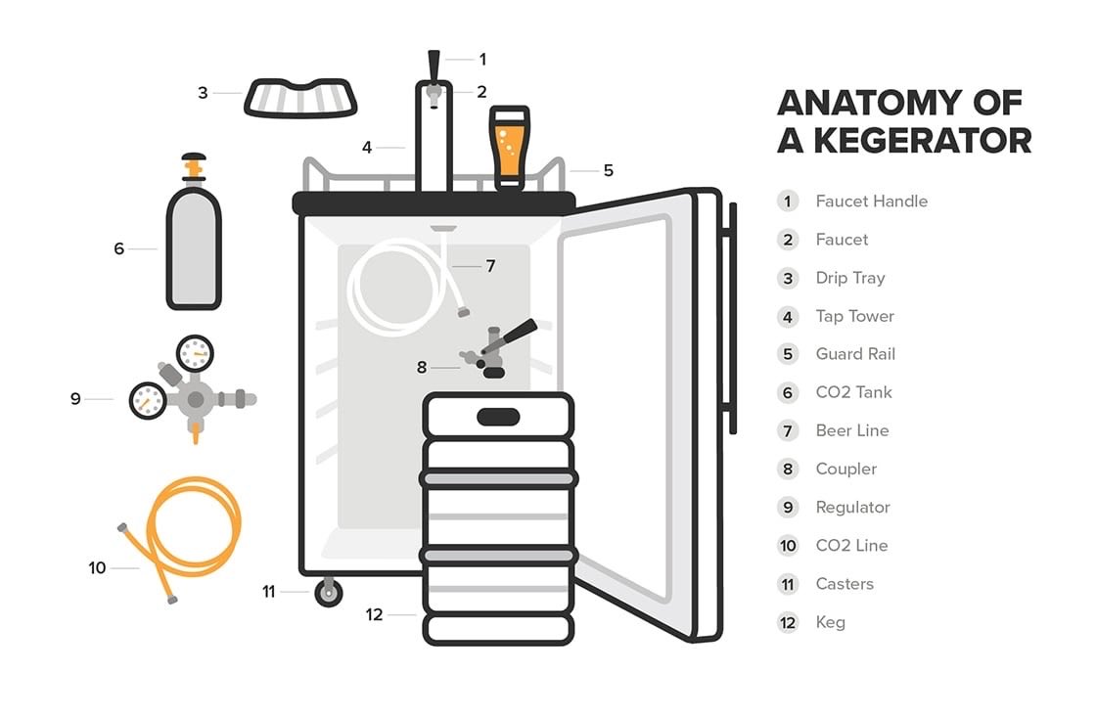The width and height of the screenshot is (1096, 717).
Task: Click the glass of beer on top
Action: pos(510,148)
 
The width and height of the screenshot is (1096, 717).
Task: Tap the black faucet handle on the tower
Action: pos(434,67)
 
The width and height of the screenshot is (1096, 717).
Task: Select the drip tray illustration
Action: pos(300,98)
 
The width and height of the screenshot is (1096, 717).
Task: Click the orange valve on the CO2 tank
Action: pos(194,167)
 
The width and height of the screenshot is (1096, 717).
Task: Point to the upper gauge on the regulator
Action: pos(195,353)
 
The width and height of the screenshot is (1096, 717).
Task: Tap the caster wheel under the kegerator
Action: pos(329,593)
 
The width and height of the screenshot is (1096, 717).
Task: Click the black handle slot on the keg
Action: pos(498,417)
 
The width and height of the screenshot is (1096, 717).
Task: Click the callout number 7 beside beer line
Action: pos(490,265)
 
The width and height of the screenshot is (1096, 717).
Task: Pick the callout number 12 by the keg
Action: pos(374,614)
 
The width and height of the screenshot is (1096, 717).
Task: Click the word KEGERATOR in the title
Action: pos(923,141)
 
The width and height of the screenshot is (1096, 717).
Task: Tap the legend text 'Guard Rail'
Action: pos(855,353)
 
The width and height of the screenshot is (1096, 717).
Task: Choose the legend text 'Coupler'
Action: pos(845,469)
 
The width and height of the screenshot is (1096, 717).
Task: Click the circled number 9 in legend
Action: pos(788,507)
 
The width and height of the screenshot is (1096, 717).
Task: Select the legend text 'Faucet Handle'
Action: pos(872,202)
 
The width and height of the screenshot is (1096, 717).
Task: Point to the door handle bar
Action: pos(732,318)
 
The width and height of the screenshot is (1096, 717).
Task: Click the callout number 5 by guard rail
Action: pos(608,170)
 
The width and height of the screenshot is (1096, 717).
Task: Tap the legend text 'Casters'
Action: pos(845,584)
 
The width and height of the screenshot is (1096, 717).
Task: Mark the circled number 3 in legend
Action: pos(788,278)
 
